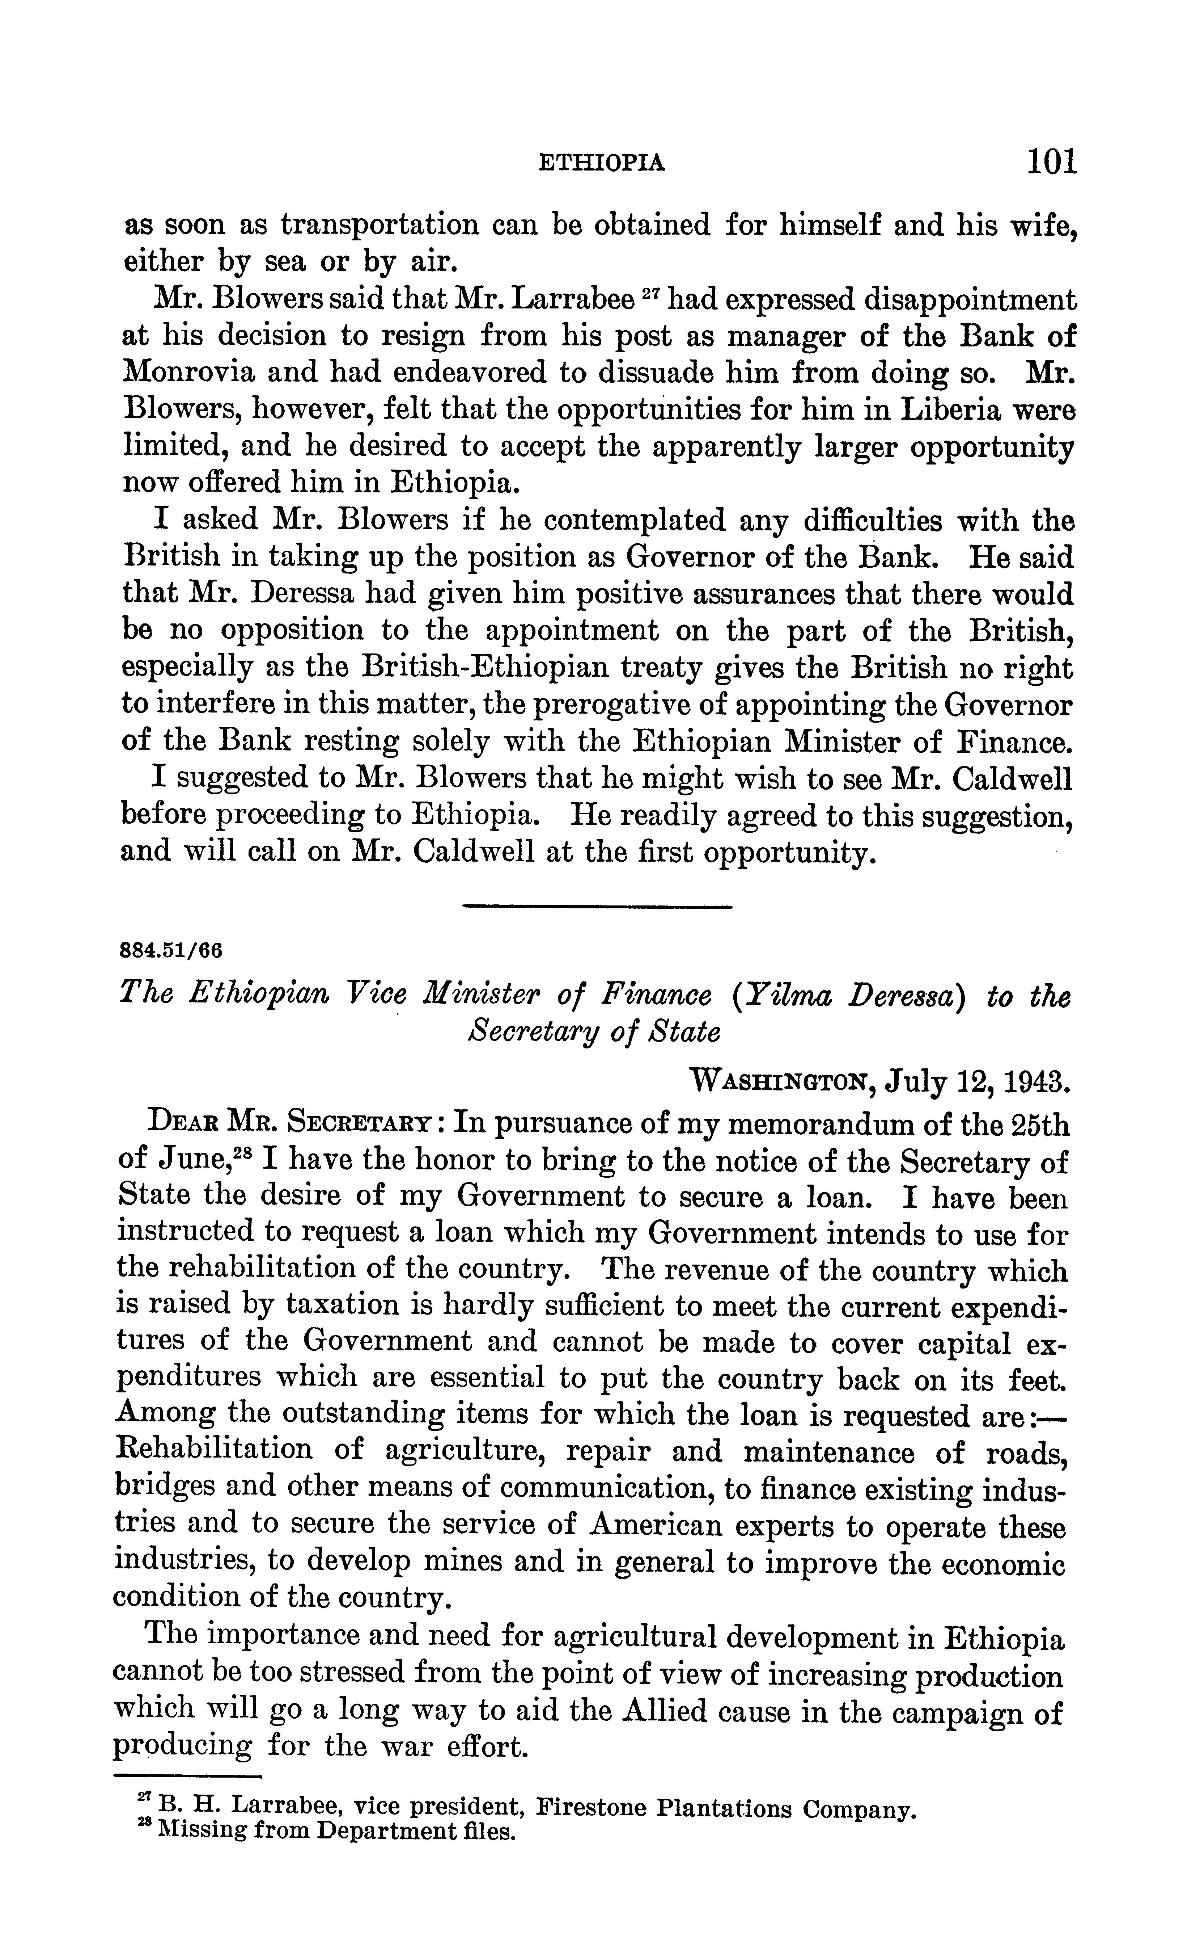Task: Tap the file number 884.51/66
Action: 170,950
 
